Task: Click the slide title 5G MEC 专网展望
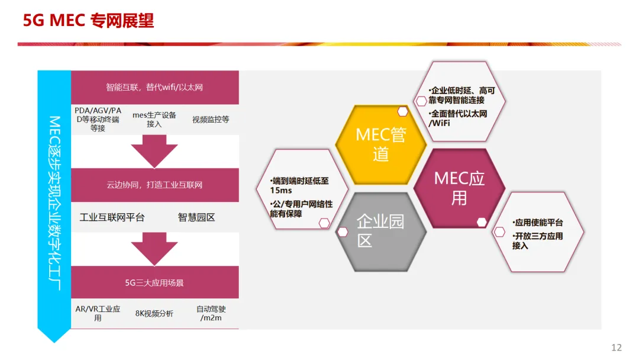pos(88,21)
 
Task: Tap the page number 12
pos(617,347)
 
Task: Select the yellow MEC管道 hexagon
pos(380,144)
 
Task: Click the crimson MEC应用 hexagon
pos(459,188)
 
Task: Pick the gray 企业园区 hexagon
pos(380,231)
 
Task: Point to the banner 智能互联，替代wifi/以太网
pos(154,87)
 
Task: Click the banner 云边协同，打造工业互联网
pos(154,185)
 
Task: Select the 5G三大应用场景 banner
pos(154,282)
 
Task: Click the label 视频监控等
pos(210,120)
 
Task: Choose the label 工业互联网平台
pos(112,217)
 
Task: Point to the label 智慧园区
pos(196,217)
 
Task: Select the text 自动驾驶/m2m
pos(211,313)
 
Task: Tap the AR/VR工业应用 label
pos(98,313)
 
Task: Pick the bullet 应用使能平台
pos(539,223)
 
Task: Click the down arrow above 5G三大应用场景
pos(154,248)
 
